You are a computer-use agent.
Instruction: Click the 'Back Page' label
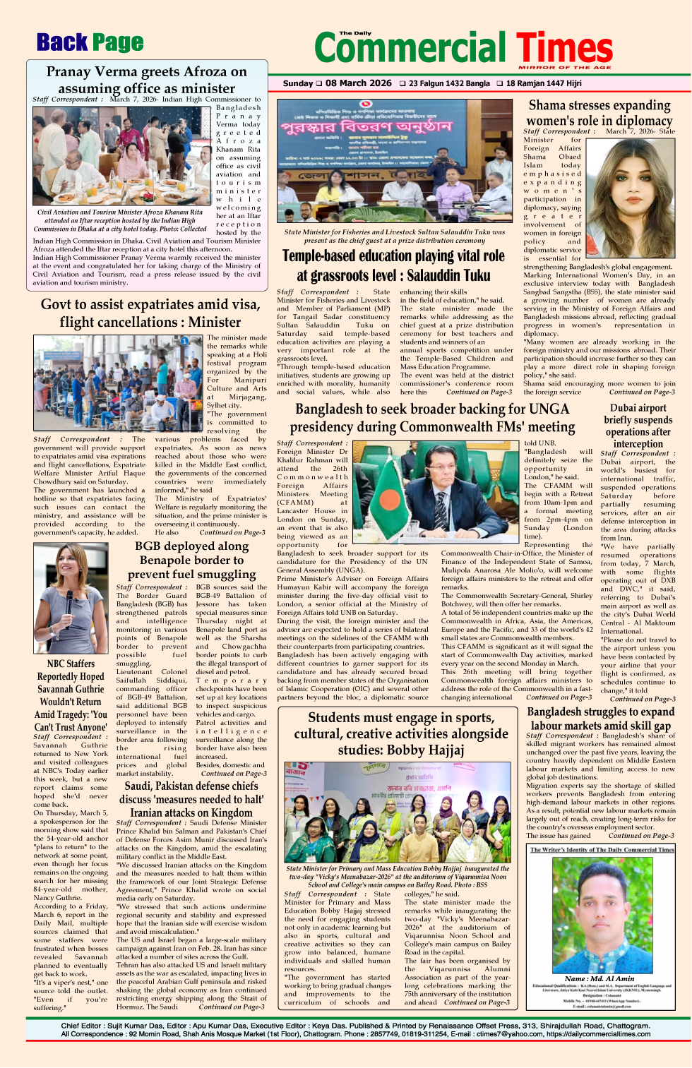click(90, 43)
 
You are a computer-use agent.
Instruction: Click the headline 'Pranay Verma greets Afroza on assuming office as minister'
click(147, 80)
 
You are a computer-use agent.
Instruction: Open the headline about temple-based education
click(393, 265)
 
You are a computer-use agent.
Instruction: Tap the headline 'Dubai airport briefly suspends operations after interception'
click(638, 426)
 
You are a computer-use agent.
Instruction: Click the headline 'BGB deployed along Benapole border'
click(191, 560)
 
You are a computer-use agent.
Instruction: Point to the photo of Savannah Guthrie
click(71, 599)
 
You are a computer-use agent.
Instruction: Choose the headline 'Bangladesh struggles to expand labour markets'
click(601, 719)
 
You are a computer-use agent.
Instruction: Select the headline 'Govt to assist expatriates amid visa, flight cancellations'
click(150, 313)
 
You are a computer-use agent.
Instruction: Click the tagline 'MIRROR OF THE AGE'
click(565, 67)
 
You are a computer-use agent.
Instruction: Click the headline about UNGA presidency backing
click(432, 418)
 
